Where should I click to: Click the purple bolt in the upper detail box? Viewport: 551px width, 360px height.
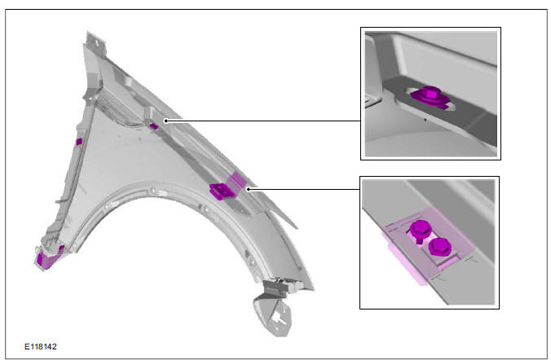pyautogui.click(x=427, y=96)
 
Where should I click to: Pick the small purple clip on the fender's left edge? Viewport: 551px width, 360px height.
pyautogui.click(x=79, y=143)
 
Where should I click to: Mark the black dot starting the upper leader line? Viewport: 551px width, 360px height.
pyautogui.click(x=166, y=121)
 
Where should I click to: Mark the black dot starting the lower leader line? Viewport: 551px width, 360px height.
pyautogui.click(x=249, y=188)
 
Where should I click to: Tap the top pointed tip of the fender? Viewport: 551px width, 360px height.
pyautogui.click(x=86, y=34)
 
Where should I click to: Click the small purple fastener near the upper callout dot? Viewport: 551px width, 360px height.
pyautogui.click(x=154, y=126)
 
